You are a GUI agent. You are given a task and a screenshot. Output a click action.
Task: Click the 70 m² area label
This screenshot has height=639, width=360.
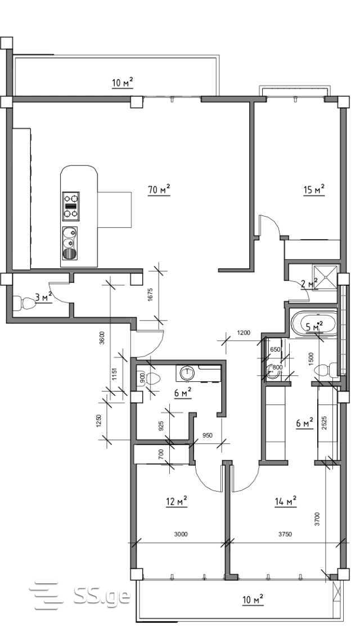pos(159,190)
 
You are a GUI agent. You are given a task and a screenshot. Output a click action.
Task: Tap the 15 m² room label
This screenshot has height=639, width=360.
pos(314,190)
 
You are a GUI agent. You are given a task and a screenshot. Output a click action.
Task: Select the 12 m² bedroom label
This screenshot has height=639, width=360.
pos(177,502)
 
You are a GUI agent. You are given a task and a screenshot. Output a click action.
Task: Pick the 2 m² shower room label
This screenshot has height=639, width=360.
pos(309,283)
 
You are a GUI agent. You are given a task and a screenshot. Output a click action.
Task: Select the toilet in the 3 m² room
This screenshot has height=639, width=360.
pos(24,303)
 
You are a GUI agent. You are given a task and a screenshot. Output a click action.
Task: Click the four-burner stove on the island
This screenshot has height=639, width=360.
pos(71,206)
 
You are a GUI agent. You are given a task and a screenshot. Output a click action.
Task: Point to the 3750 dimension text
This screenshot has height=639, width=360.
pos(285,535)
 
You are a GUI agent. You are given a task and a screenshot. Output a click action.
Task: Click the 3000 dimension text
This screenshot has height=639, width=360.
pos(180,535)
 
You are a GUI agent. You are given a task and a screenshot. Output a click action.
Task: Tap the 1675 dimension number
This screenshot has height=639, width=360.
pos(150,295)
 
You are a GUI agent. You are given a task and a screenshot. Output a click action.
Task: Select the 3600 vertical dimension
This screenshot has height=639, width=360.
pos(102,338)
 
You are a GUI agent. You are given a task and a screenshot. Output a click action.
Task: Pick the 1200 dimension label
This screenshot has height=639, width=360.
pos(244,332)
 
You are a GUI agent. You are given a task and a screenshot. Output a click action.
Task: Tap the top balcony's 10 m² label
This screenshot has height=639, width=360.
pos(123,83)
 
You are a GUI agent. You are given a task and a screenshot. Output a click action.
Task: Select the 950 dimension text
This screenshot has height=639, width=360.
pos(208,435)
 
